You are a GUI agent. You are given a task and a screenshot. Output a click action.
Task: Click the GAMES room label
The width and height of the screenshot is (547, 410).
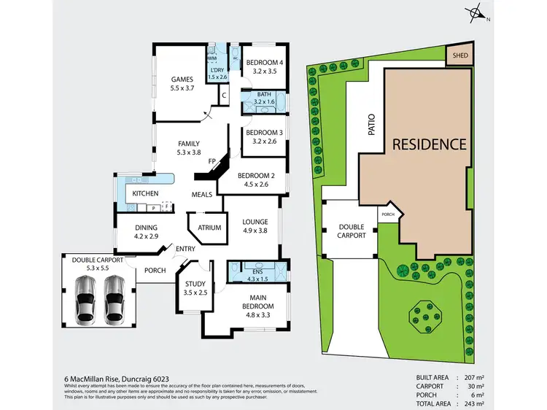[181, 79]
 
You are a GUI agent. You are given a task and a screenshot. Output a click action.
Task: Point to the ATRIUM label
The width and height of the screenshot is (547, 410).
[209, 228]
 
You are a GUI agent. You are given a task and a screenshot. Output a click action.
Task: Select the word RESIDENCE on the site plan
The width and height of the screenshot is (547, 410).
[429, 144]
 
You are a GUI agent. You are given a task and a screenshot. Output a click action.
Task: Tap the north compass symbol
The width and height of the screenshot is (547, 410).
[476, 12]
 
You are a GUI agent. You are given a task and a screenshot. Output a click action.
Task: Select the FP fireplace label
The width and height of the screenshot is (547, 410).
[212, 160]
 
